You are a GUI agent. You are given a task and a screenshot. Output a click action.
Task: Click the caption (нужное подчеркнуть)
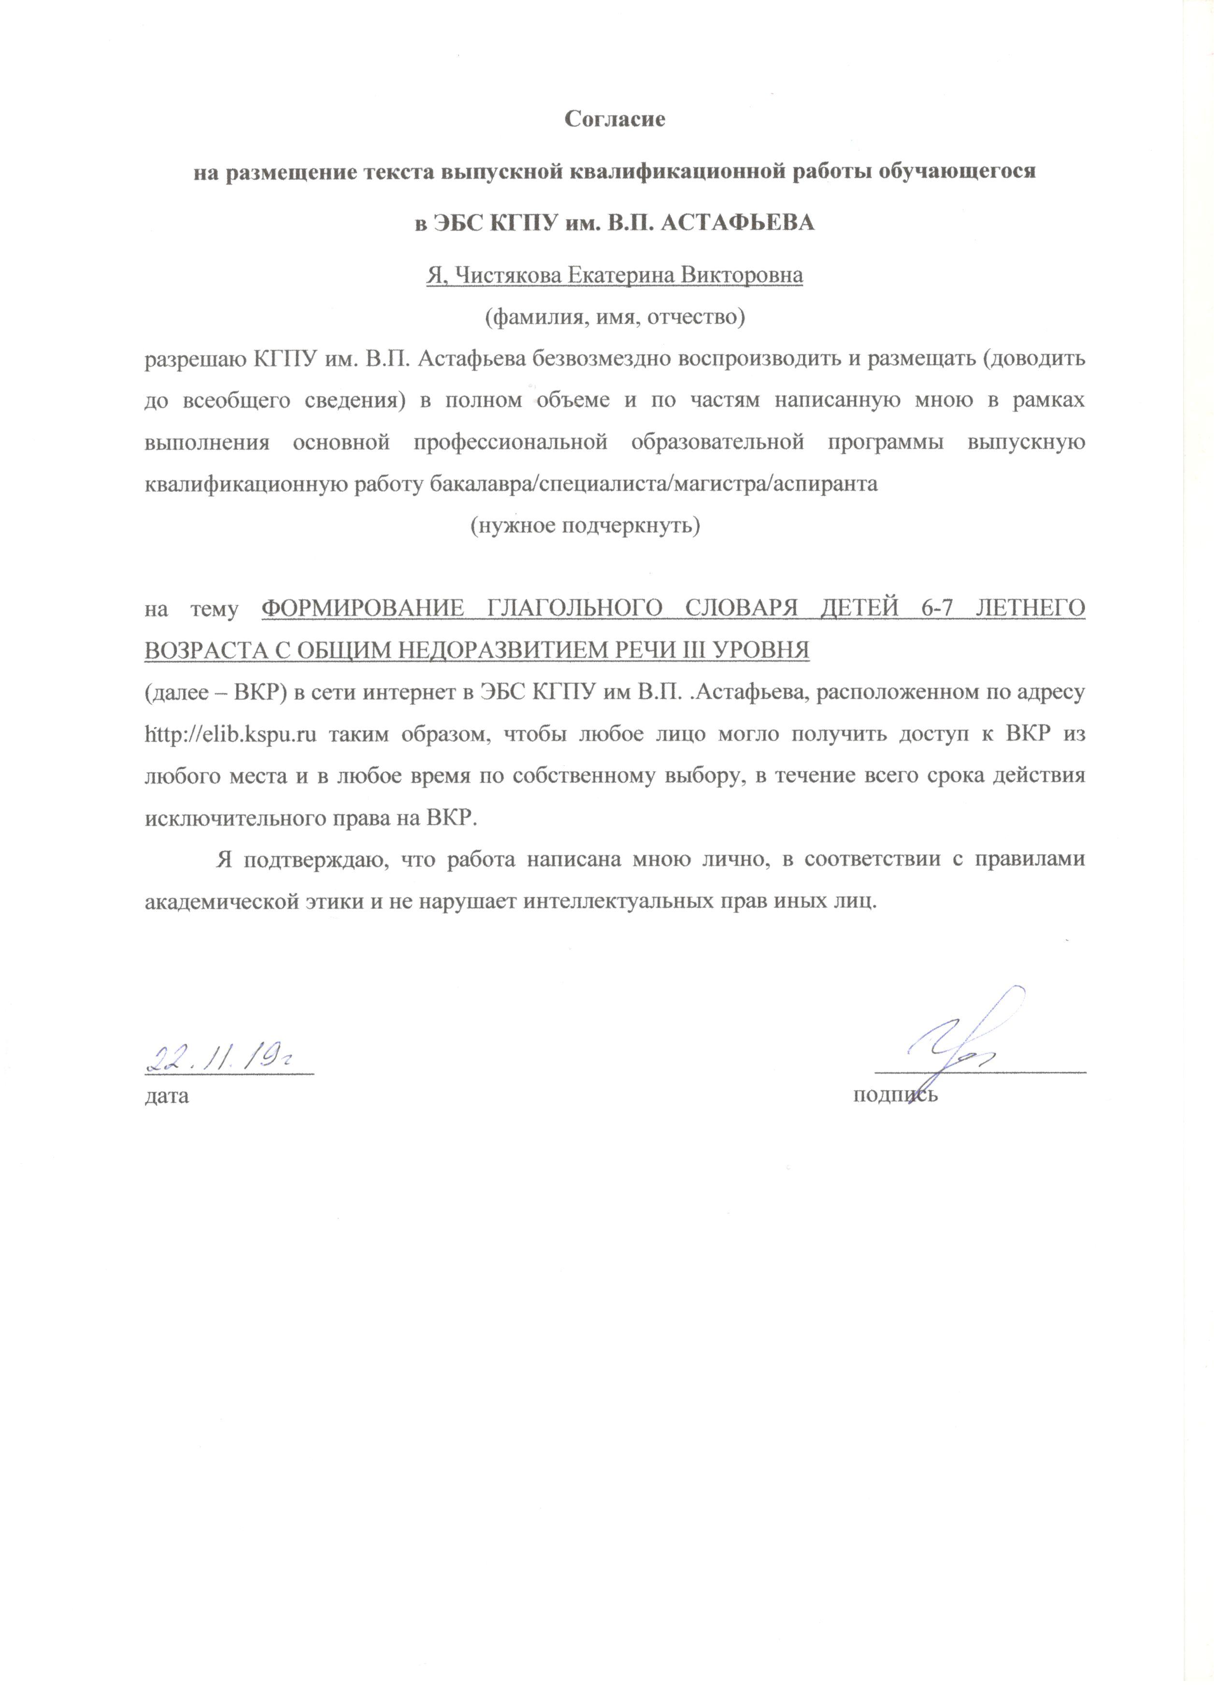585,527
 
